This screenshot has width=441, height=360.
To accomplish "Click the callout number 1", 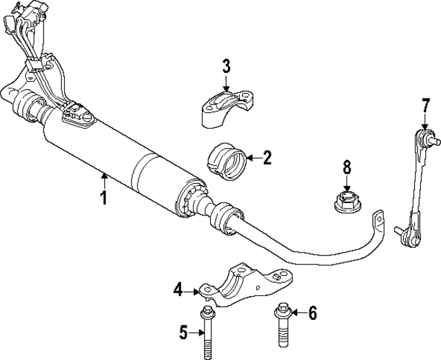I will pos(103,199).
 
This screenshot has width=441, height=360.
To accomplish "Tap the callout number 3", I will pos(226,67).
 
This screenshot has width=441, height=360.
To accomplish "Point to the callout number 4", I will pos(178,291).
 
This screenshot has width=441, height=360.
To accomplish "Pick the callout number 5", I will pos(183,333).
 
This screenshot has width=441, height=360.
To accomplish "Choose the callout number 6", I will pos(312,314).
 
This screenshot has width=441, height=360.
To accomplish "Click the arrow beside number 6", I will pos(296,314).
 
